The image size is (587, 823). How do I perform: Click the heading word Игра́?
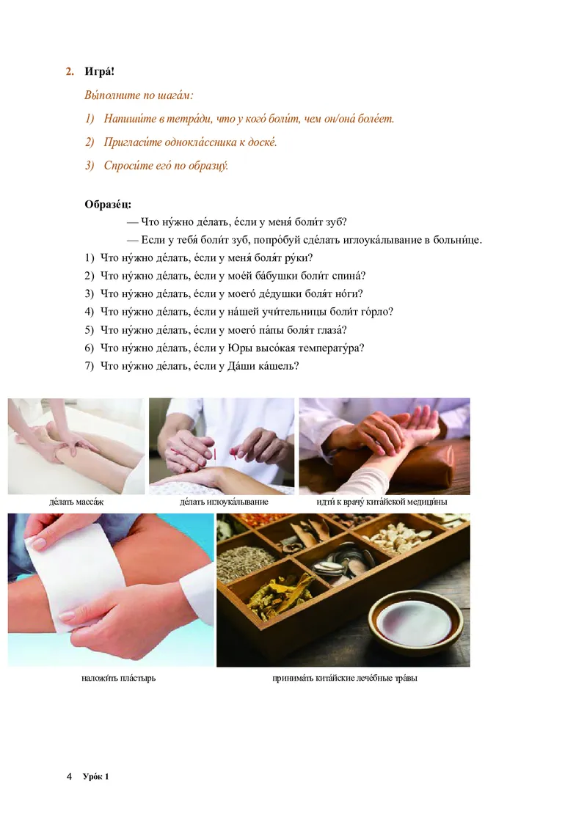click(x=99, y=71)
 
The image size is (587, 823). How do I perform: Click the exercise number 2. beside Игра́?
click(x=70, y=72)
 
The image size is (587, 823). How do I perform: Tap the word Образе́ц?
click(x=108, y=204)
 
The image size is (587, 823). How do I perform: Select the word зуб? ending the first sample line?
click(x=336, y=222)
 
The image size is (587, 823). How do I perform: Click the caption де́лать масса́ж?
click(x=76, y=502)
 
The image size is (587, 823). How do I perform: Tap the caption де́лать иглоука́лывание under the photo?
click(x=224, y=502)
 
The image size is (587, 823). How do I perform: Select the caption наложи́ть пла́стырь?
click(x=119, y=678)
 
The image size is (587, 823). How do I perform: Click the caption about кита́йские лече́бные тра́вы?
click(x=344, y=678)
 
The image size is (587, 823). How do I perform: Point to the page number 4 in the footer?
click(x=69, y=776)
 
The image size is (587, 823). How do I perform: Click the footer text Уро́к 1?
click(x=95, y=776)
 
